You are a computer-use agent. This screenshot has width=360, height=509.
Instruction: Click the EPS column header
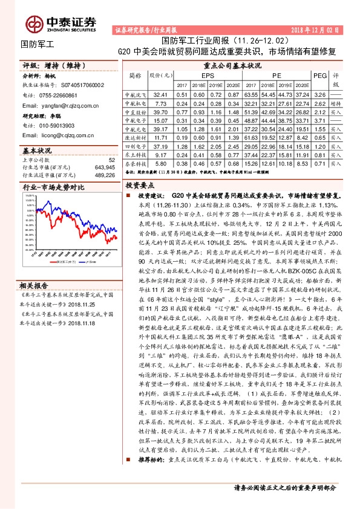click(x=207, y=76)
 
